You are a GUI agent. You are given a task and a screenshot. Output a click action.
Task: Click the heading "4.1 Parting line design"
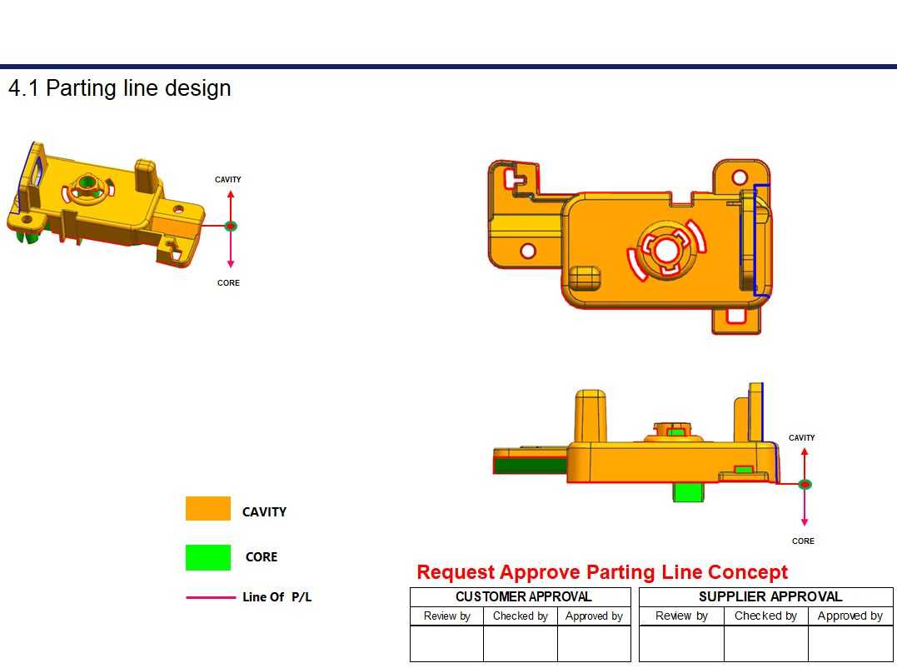(120, 88)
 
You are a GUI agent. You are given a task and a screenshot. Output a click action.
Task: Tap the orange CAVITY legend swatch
(207, 508)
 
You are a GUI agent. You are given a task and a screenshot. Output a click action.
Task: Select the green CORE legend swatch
(207, 557)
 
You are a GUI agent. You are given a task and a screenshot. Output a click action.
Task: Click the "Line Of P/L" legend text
(277, 597)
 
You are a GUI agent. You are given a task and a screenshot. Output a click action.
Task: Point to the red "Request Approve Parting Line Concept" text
(602, 572)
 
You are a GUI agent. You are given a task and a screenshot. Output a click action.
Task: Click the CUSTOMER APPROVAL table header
(523, 596)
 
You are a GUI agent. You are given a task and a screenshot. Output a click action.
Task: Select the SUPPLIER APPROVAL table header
(770, 596)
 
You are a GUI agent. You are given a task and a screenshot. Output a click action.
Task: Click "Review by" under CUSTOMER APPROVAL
(446, 616)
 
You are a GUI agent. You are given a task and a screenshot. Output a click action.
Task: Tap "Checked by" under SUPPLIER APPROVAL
(765, 616)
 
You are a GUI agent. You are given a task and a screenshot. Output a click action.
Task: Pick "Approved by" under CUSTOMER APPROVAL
(594, 616)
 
